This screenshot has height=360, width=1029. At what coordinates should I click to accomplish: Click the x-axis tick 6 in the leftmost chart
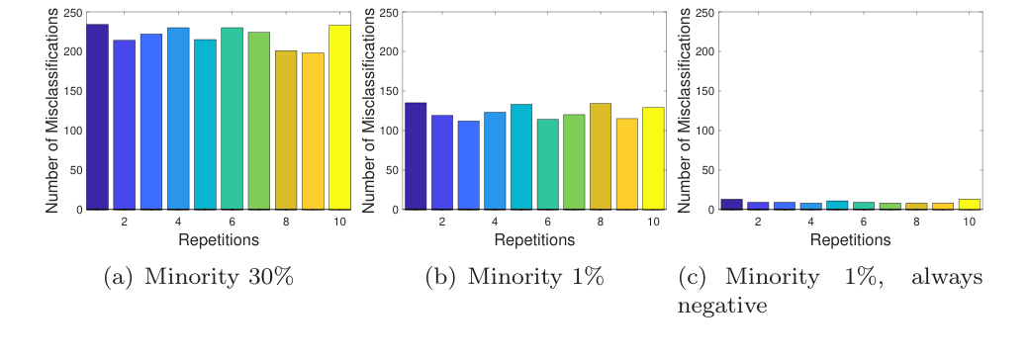(232, 223)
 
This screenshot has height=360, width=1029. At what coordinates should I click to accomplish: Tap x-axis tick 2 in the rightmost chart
(758, 223)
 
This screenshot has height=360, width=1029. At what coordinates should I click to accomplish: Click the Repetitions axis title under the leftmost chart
(218, 239)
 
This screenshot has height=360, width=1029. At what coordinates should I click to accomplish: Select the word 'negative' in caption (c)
(722, 306)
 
